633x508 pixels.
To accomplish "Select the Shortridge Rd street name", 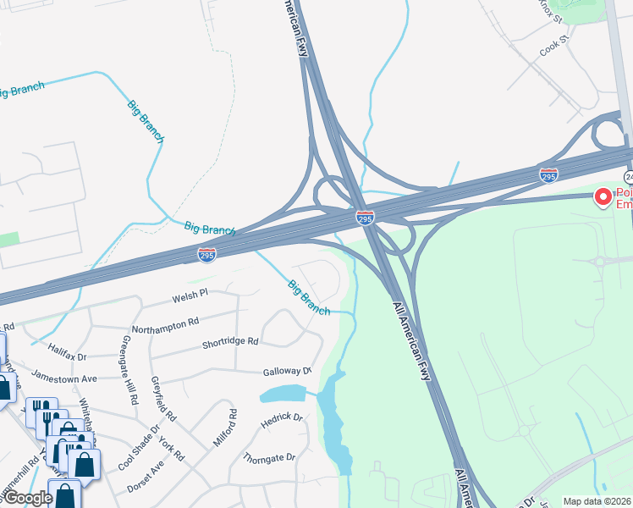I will pyautogui.click(x=229, y=342).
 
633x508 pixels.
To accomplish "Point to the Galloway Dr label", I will pyautogui.click(x=288, y=371).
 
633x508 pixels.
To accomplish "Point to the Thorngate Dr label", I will pyautogui.click(x=269, y=457).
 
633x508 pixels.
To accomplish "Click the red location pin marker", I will pyautogui.click(x=603, y=197).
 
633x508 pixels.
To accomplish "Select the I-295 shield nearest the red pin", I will pyautogui.click(x=548, y=175).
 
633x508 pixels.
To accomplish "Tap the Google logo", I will pyautogui.click(x=27, y=498).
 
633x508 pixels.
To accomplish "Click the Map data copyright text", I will pyautogui.click(x=597, y=501).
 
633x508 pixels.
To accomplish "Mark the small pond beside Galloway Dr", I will pyautogui.click(x=284, y=394).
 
